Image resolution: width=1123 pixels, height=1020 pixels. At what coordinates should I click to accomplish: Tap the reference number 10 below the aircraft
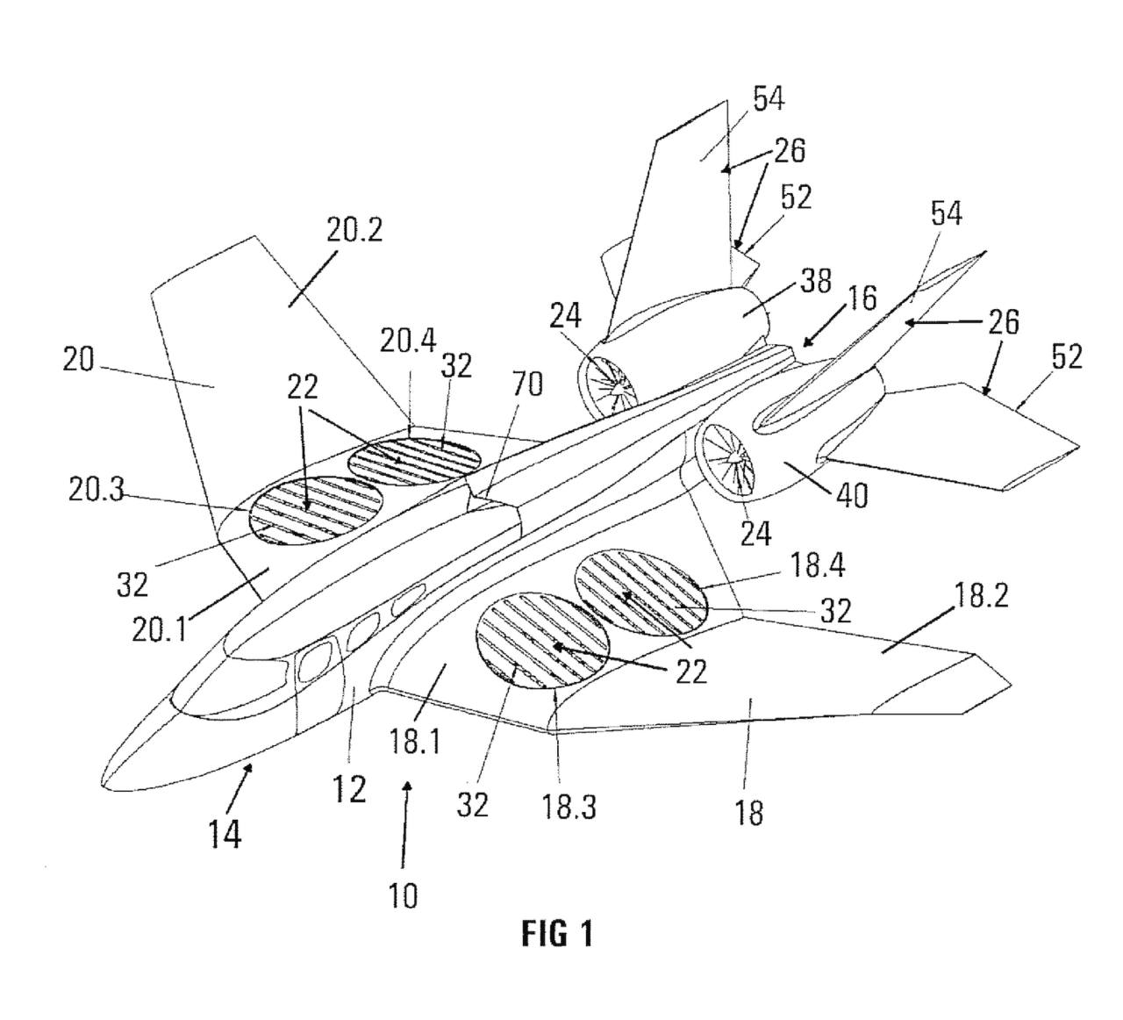[403, 896]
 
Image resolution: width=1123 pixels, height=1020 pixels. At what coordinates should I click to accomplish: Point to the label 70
[527, 384]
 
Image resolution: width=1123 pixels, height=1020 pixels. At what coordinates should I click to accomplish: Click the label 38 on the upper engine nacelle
[816, 281]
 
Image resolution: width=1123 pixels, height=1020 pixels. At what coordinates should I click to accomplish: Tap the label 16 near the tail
[862, 298]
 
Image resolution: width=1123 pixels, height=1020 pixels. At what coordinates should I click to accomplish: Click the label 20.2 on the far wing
[355, 230]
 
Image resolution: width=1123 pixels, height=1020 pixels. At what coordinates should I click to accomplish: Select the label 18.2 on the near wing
[982, 595]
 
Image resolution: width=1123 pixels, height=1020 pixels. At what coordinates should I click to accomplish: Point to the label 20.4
[408, 340]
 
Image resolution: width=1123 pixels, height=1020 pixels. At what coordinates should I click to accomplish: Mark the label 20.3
[97, 490]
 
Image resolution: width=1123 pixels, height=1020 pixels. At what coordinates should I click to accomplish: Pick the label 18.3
[569, 808]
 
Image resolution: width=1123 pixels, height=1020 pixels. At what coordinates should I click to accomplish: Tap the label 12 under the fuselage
[349, 789]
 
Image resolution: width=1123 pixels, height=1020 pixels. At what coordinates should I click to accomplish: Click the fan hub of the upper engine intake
[617, 388]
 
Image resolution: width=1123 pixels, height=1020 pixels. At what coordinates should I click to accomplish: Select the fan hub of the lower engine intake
[733, 460]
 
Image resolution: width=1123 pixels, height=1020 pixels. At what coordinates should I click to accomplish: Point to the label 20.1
[160, 630]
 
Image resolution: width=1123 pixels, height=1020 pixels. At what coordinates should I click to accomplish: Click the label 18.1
[415, 741]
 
